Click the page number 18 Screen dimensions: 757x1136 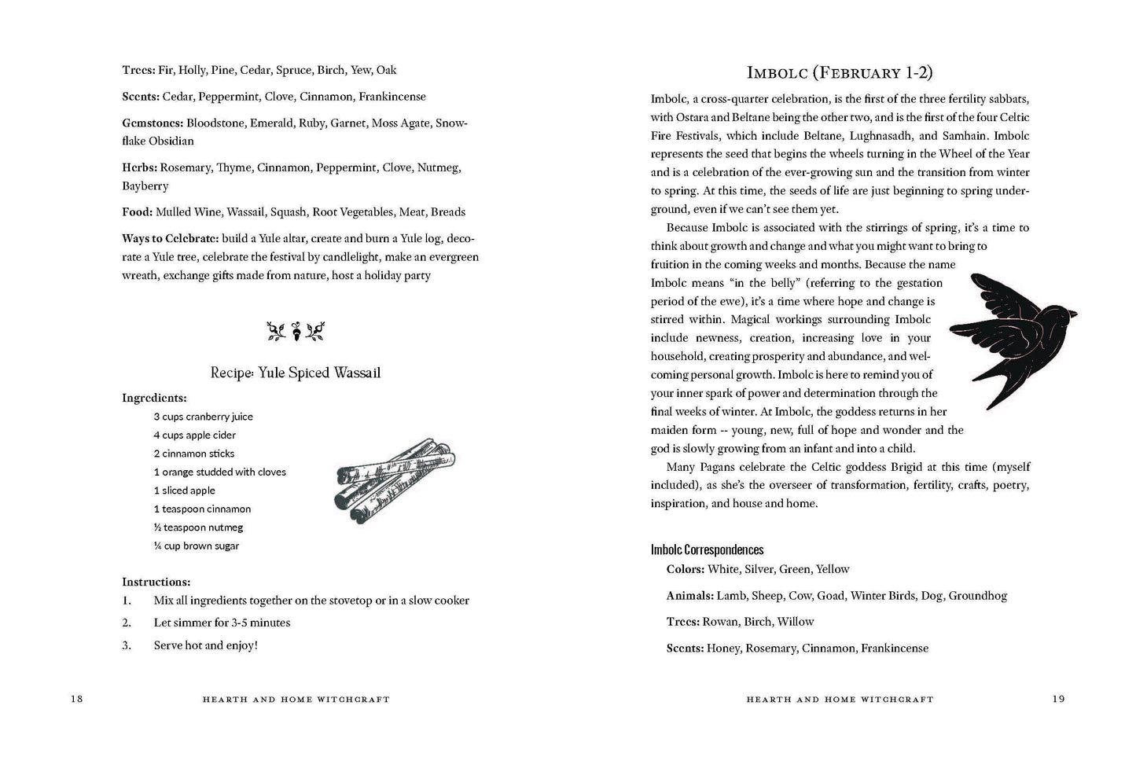pyautogui.click(x=76, y=699)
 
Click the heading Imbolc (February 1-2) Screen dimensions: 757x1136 pyautogui.click(x=839, y=73)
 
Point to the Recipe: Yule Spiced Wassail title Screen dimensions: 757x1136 pyautogui.click(x=296, y=373)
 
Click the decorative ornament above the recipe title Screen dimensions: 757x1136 pyautogui.click(x=296, y=331)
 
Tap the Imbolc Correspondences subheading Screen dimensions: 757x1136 pyautogui.click(x=707, y=550)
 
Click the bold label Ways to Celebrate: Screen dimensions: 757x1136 pyautogui.click(x=170, y=238)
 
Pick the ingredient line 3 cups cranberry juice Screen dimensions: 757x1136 pyautogui.click(x=203, y=417)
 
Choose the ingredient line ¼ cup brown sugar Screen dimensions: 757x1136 pyautogui.click(x=196, y=546)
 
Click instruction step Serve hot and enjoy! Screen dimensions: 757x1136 pyautogui.click(x=205, y=645)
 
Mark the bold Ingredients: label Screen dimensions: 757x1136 pyautogui.click(x=154, y=398)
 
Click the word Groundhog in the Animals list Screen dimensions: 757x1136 pyautogui.click(x=977, y=596)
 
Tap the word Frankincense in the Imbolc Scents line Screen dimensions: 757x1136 pyautogui.click(x=894, y=649)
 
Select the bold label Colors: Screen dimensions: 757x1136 pyautogui.click(x=685, y=569)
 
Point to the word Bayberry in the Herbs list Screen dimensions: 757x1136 pyautogui.click(x=145, y=186)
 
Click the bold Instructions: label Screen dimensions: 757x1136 pyautogui.click(x=156, y=582)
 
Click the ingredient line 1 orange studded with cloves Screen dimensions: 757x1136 pyautogui.click(x=219, y=472)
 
